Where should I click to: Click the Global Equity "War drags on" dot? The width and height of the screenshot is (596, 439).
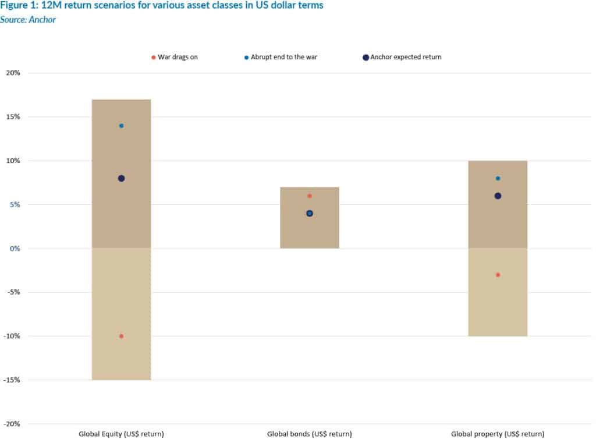click(x=121, y=336)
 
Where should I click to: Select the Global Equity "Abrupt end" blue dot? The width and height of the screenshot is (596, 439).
click(x=121, y=126)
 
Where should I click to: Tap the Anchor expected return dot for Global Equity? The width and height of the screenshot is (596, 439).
click(x=121, y=178)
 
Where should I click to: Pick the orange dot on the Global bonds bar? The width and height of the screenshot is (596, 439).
click(x=310, y=196)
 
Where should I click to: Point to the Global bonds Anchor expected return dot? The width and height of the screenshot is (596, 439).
click(x=310, y=213)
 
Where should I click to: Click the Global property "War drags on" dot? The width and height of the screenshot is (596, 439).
click(x=498, y=275)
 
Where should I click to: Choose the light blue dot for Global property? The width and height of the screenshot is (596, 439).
click(x=498, y=178)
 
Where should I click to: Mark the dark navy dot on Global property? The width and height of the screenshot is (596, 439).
click(x=498, y=196)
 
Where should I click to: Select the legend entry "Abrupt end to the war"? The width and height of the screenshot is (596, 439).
click(x=282, y=57)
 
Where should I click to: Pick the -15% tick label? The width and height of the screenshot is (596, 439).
click(x=29, y=380)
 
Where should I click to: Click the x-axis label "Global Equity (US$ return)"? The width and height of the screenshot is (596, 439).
click(x=121, y=434)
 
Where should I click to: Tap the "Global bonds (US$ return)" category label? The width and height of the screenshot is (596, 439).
click(x=310, y=434)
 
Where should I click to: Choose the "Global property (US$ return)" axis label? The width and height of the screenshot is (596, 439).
click(x=498, y=434)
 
